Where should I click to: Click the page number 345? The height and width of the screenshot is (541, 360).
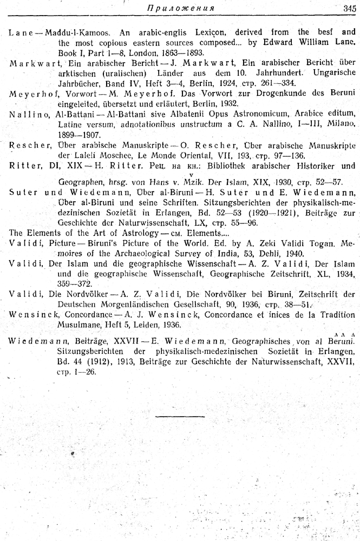(x=349, y=8)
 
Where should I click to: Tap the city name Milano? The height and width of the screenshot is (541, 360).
(x=342, y=124)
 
